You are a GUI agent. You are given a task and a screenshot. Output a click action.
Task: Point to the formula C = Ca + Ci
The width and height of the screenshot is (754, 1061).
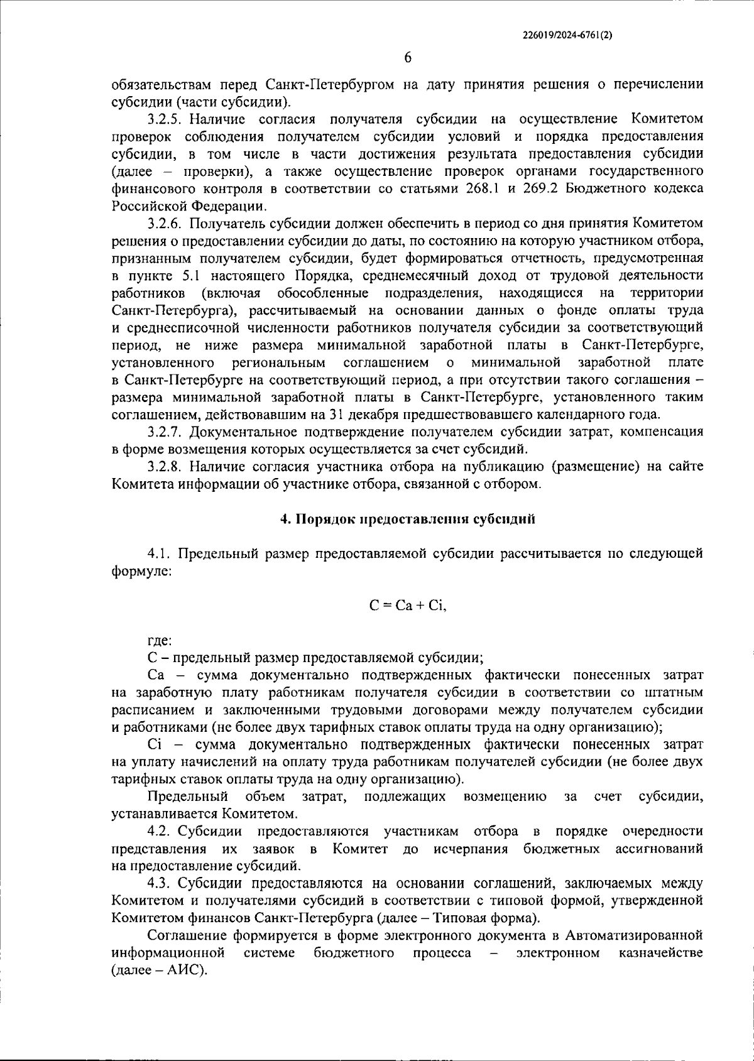(407, 606)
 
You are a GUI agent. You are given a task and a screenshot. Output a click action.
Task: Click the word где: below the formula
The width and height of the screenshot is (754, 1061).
(160, 641)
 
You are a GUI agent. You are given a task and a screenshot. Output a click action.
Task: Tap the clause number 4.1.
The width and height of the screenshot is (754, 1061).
(160, 553)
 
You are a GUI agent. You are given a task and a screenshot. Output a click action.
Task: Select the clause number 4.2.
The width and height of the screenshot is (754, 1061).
(160, 832)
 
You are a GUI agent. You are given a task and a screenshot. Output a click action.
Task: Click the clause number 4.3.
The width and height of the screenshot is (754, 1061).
(160, 883)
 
